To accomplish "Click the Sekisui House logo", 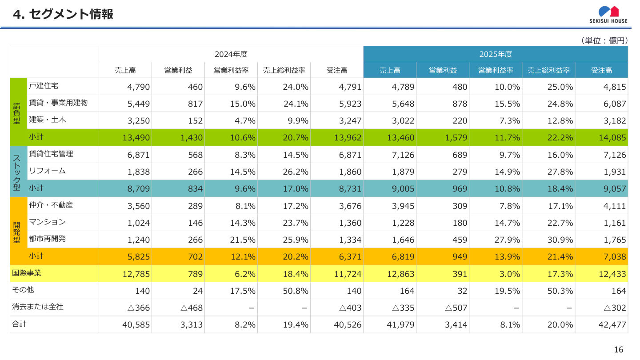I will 608,15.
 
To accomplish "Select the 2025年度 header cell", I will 496,54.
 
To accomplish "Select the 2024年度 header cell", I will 231,54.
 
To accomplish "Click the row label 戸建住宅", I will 44,86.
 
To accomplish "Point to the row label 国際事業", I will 26,273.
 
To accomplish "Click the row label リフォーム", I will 47,171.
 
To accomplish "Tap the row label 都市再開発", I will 47,239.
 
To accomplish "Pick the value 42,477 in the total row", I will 612,325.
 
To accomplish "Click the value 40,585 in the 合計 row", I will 136,325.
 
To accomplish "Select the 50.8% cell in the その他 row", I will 296,291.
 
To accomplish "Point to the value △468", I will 191,308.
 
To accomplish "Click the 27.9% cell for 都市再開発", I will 507,240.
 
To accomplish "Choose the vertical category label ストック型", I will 16,172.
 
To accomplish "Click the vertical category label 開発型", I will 16,231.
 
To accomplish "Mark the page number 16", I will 618,350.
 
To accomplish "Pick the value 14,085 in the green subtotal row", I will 612,138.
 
